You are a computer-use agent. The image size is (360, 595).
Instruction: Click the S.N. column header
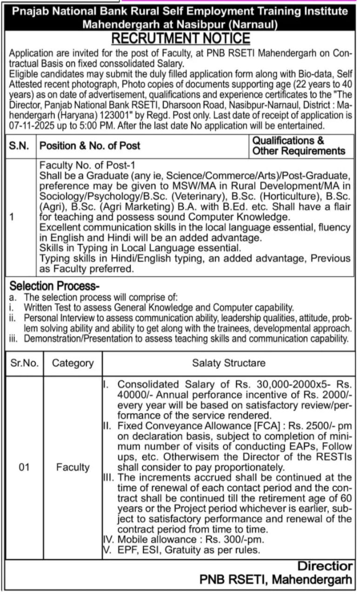[20, 145]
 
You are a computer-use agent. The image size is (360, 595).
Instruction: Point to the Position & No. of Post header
[90, 145]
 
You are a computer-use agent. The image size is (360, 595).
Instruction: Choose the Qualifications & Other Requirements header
[299, 145]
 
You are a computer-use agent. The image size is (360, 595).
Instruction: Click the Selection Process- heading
[55, 286]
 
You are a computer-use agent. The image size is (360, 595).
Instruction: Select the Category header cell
[73, 363]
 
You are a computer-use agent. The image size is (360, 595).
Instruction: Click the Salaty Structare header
[229, 363]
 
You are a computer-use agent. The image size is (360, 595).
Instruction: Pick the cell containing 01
[24, 467]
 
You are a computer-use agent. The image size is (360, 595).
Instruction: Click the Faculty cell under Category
[73, 467]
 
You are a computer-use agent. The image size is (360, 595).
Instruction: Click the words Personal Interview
[55, 318]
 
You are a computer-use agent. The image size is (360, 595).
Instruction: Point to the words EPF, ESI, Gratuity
[168, 550]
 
